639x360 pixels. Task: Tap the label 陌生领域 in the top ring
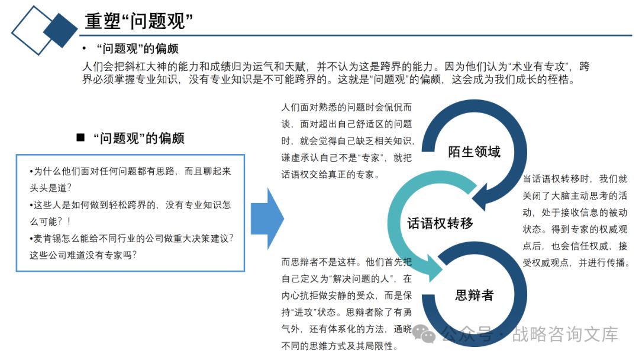pos(474,152)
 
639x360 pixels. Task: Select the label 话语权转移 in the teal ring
pos(440,223)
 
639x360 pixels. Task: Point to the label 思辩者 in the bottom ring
pos(474,295)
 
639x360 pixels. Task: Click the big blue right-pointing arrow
pos(267,218)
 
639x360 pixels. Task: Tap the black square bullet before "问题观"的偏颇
pos(81,138)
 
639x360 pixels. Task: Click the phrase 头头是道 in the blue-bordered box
pos(49,188)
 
